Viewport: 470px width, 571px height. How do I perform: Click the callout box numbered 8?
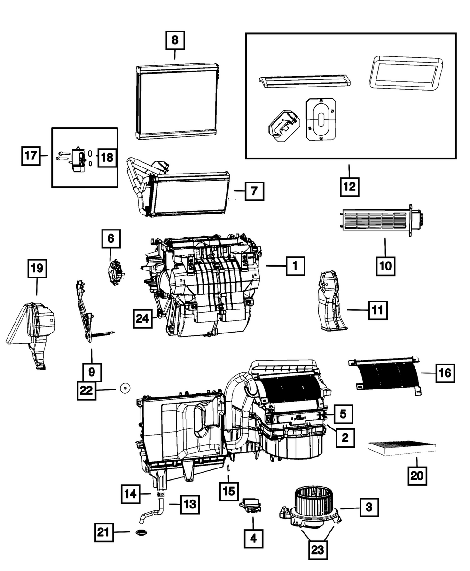tap(175, 40)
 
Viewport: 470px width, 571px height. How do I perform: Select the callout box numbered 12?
tap(350, 187)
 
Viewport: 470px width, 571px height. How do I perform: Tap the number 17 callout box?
tap(31, 156)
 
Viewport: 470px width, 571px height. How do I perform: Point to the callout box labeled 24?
tap(142, 318)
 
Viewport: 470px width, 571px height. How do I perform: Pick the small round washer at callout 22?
tap(125, 388)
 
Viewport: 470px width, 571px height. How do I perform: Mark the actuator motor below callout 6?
tap(117, 273)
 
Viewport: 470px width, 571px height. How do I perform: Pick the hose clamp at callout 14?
tap(162, 494)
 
